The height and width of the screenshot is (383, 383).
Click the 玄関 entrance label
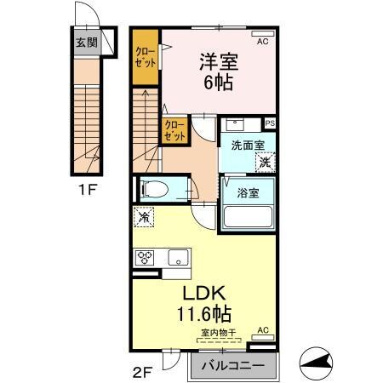tap(85, 43)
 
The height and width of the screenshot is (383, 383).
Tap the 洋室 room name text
tap(217, 63)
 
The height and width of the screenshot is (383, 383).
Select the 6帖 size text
tap(217, 83)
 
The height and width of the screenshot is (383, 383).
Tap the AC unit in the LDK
tap(262, 330)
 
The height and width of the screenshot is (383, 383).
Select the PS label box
tap(270, 123)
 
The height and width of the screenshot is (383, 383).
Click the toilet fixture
tap(157, 188)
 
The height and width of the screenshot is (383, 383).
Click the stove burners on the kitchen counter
tap(145, 257)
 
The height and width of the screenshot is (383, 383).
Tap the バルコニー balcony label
tap(234, 368)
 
